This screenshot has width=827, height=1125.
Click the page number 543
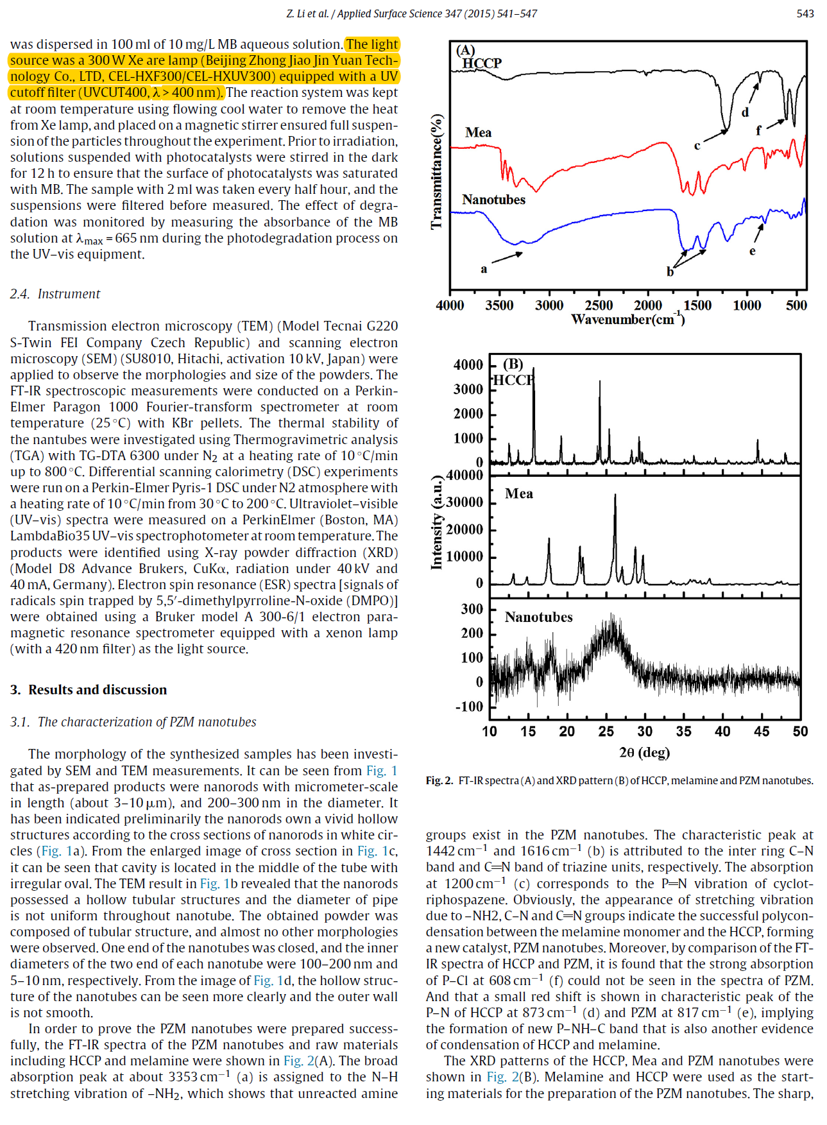click(x=805, y=13)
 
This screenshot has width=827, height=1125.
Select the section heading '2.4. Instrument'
click(x=55, y=294)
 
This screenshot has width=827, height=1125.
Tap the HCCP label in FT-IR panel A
click(x=482, y=63)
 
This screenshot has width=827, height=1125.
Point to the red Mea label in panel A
click(x=478, y=133)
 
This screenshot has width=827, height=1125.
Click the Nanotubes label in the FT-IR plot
click(x=493, y=200)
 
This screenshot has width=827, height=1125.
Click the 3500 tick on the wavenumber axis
click(x=499, y=305)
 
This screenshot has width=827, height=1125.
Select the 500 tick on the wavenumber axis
click(x=796, y=305)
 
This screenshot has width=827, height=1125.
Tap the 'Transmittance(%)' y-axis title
click(x=437, y=171)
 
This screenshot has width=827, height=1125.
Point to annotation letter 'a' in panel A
click(x=484, y=269)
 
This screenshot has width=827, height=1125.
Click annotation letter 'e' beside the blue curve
click(x=752, y=251)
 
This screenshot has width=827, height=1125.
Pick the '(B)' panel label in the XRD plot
click(x=513, y=364)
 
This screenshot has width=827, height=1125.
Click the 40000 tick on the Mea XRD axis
click(x=465, y=476)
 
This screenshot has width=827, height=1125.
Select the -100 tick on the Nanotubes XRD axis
click(x=469, y=707)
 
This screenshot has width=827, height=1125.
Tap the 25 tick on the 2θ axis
click(x=606, y=732)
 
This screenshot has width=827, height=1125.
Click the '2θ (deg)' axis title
click(x=644, y=752)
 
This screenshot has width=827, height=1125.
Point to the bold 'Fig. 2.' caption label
click(x=439, y=780)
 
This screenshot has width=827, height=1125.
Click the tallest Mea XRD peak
click(x=615, y=495)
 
